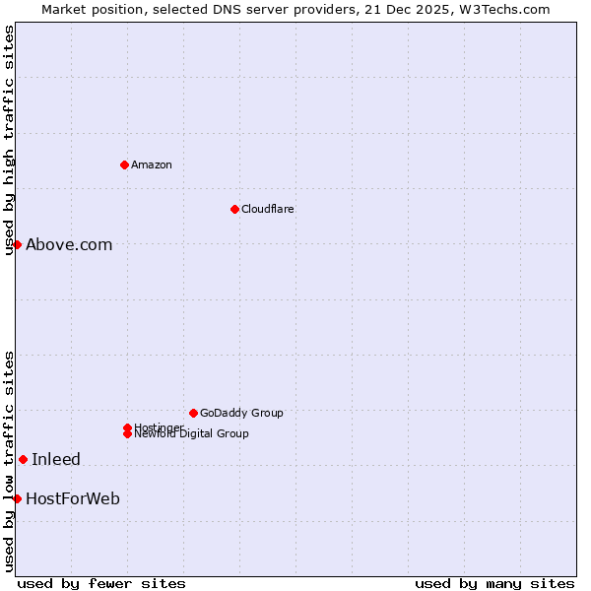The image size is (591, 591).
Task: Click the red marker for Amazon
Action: (124, 164)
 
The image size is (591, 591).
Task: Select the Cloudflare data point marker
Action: (234, 209)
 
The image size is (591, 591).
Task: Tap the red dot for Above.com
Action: (17, 244)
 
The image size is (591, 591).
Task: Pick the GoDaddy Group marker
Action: (193, 413)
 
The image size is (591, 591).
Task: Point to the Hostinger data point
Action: (127, 427)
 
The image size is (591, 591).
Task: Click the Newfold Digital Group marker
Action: (127, 434)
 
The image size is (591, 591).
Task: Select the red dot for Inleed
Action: (23, 459)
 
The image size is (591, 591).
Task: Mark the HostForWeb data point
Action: (17, 498)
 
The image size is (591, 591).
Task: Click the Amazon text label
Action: (151, 164)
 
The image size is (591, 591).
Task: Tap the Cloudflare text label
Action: (267, 209)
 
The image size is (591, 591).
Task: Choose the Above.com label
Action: (69, 244)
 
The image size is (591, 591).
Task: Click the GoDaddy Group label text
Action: (241, 413)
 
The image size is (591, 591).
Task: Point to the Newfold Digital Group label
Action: (191, 434)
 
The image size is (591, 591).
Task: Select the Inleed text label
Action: (56, 459)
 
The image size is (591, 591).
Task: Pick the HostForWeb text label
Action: (73, 498)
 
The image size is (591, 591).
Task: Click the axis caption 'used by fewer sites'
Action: (101, 583)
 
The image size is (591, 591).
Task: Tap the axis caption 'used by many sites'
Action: (494, 583)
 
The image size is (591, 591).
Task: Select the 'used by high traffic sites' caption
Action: (9, 141)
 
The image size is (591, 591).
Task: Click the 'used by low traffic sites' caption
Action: (9, 461)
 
